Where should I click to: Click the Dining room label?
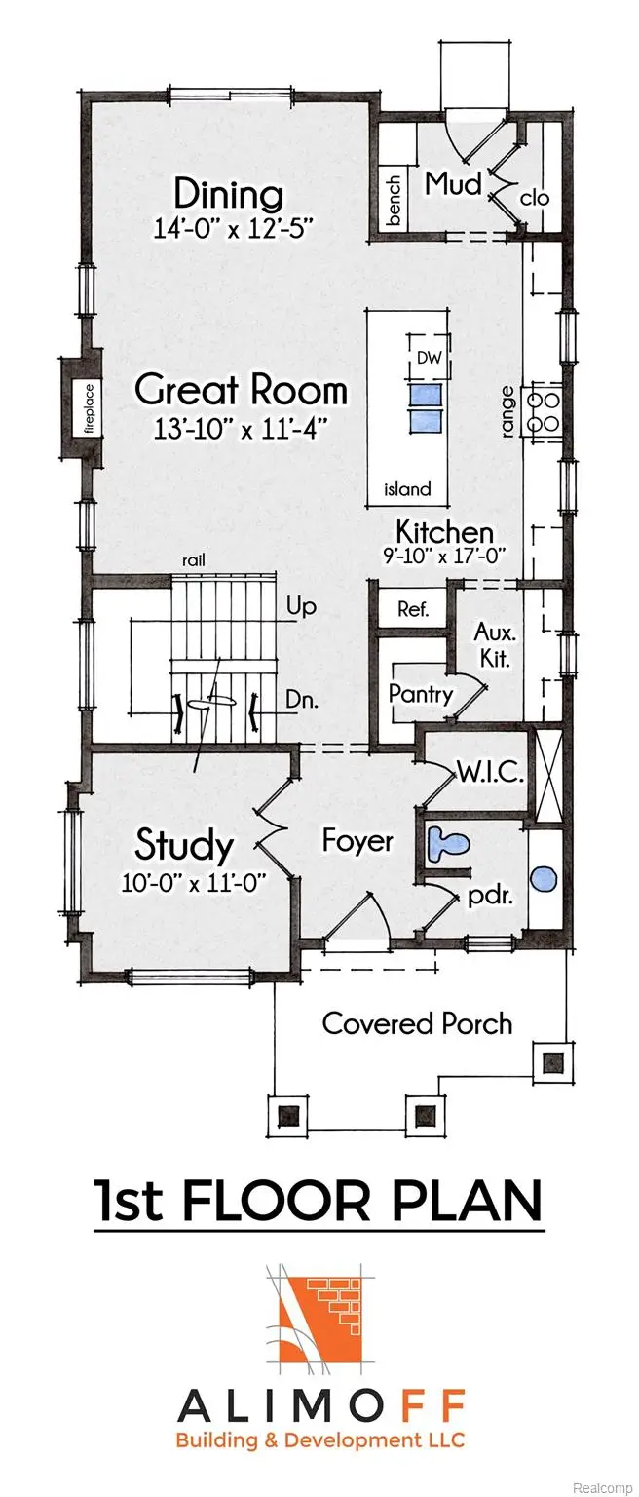point(229,194)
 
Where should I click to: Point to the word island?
point(406,489)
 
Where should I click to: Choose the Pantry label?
point(421,695)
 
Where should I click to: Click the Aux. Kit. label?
point(493,644)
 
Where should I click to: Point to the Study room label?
point(184,845)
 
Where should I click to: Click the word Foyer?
point(357,840)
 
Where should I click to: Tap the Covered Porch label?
point(417,1023)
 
